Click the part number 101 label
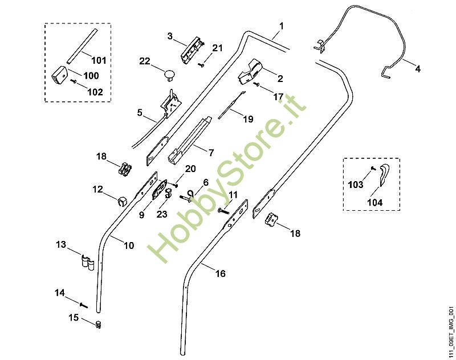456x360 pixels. (x=99, y=60)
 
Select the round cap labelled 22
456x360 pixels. (x=169, y=74)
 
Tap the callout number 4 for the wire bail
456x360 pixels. (x=418, y=69)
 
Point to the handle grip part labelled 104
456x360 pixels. (x=384, y=174)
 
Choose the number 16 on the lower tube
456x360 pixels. (x=220, y=273)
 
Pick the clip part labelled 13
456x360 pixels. (x=87, y=262)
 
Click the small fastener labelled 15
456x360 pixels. (x=99, y=324)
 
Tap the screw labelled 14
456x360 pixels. (x=83, y=305)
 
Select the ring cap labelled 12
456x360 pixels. (x=123, y=201)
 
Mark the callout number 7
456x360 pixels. (x=211, y=152)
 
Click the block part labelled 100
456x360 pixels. (x=59, y=75)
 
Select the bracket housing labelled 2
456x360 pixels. (x=250, y=72)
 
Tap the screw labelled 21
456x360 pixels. (x=201, y=64)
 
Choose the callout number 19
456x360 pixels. (x=248, y=119)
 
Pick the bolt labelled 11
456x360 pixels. (x=223, y=211)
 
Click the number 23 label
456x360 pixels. (x=162, y=214)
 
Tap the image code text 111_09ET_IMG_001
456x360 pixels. (x=451, y=332)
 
